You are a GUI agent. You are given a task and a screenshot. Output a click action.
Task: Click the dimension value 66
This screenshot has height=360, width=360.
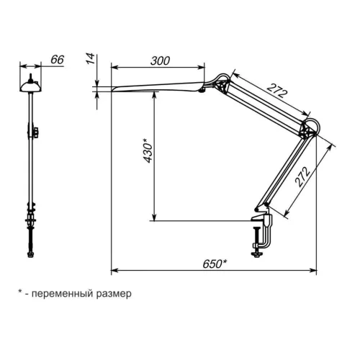pos(58,60)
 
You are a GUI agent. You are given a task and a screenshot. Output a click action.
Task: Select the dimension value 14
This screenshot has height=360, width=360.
pos(90,59)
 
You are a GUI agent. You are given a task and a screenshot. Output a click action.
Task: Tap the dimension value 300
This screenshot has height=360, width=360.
pos(160,60)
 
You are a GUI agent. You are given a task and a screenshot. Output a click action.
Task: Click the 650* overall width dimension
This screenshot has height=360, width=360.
pos(215,264)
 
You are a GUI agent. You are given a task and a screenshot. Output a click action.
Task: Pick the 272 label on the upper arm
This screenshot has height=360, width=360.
pos(277,91)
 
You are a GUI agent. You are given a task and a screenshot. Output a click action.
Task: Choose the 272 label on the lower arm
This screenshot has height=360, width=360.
pos(302,177)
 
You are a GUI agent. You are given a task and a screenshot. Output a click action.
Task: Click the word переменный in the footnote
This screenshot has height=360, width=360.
pos(62,293)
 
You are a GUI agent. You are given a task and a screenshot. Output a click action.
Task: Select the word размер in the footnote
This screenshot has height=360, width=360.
pos(114,294)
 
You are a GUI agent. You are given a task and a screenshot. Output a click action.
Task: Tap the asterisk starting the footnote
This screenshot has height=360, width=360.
pos(20,292)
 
